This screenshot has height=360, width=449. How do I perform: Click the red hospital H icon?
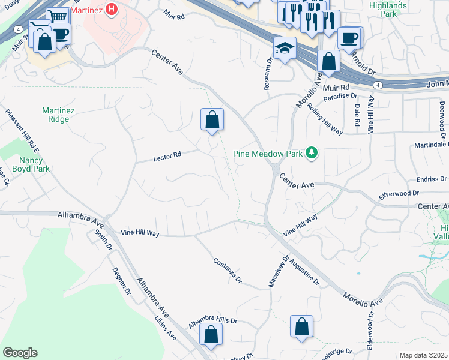pos(111,10)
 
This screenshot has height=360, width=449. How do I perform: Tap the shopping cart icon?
pos(58,17)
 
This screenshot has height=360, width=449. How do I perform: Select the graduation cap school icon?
pos(285,47)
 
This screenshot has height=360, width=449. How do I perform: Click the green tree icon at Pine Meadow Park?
pos(311,154)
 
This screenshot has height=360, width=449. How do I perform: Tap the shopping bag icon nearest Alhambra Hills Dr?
pos(211,334)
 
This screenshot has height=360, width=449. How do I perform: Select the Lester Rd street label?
pos(167,157)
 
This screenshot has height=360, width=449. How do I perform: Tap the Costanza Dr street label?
pos(228,270)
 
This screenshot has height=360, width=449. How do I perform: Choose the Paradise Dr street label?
pos(340,97)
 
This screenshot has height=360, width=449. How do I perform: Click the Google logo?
pos(20,353)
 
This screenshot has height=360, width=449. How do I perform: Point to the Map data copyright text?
pos(423,355)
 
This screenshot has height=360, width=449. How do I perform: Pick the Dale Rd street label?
pos(357,114)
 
